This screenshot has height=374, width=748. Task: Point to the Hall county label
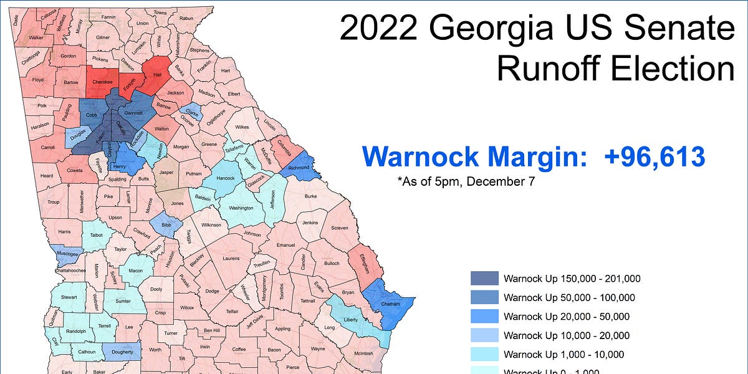pos(157,73)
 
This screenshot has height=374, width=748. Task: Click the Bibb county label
pos(166,224)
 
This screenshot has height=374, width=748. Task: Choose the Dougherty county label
pos(122,353)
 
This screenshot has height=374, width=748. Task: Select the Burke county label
pos(310,197)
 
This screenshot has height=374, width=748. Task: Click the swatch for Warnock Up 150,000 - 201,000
pos(484,279)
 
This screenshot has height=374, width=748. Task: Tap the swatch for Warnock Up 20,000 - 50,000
pos(484,316)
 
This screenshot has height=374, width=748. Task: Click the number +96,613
pos(654,156)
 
